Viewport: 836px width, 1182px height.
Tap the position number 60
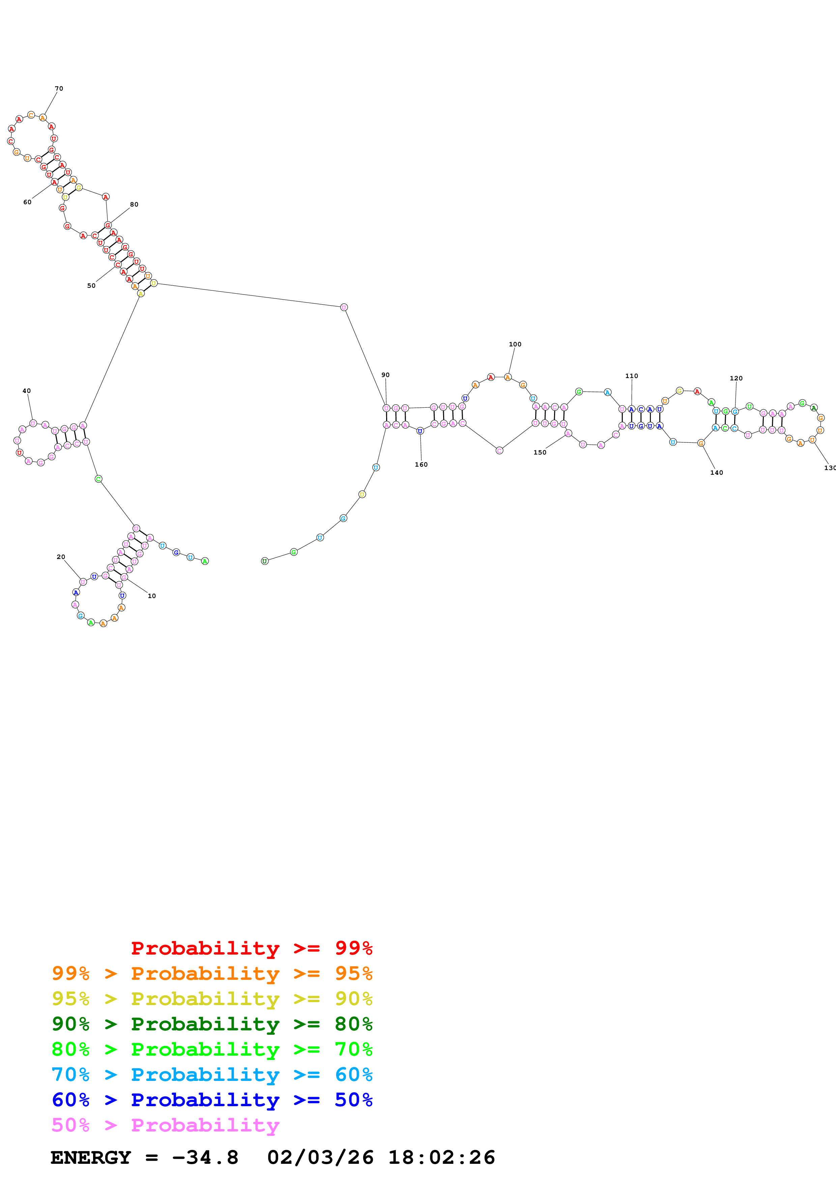click(27, 202)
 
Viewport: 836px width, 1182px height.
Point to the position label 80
click(134, 205)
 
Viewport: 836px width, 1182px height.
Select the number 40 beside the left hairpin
click(27, 391)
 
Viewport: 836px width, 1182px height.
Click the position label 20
click(61, 557)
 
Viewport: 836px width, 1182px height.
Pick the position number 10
click(151, 596)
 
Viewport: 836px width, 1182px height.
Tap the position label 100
click(515, 344)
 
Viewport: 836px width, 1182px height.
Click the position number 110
click(632, 376)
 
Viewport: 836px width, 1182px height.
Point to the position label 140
click(717, 473)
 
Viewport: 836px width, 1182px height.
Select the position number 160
click(421, 464)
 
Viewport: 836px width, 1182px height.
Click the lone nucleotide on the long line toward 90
click(344, 307)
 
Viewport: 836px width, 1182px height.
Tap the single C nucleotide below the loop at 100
click(499, 450)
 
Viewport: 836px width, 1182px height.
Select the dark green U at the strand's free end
click(265, 561)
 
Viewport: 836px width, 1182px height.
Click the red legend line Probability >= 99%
click(251, 948)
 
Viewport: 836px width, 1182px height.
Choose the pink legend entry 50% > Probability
click(165, 1125)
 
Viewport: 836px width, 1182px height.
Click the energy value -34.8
click(205, 1158)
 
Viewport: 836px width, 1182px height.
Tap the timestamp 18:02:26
click(441, 1158)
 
